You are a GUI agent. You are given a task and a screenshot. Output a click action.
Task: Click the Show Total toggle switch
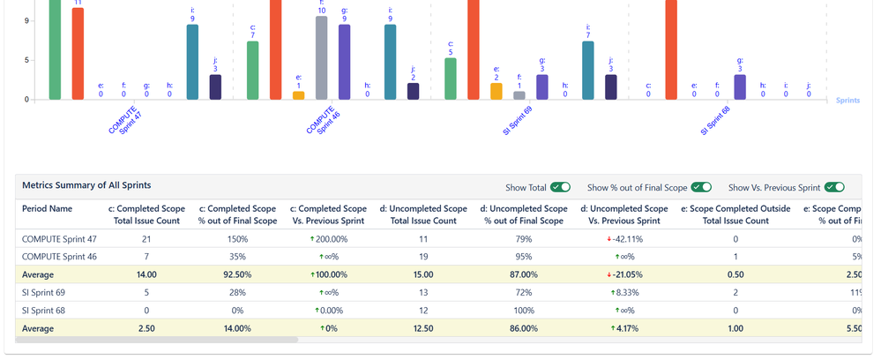point(560,187)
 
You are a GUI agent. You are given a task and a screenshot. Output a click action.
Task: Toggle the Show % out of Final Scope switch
point(701,187)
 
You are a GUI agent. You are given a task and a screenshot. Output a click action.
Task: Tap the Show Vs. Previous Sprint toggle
point(834,187)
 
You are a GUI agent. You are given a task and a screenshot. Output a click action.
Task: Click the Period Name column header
point(48,209)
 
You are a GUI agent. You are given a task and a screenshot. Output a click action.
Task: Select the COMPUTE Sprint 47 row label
point(60,239)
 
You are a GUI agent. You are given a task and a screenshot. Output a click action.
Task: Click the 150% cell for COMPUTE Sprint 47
point(238,239)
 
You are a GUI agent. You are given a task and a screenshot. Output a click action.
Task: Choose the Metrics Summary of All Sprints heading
point(86,185)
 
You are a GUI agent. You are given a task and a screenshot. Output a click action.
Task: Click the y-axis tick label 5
point(26,60)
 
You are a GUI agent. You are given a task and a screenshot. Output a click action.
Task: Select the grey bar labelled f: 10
point(322,58)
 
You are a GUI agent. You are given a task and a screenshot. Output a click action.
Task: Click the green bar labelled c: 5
point(451,79)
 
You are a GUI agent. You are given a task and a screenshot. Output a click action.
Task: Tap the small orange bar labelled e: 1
point(299,95)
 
